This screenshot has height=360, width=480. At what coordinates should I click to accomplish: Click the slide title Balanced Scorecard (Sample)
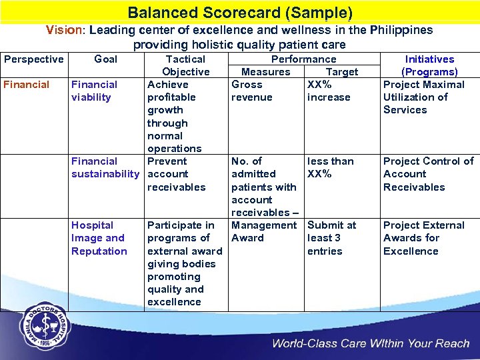point(240,13)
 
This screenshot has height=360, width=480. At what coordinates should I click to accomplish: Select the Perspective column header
point(33,59)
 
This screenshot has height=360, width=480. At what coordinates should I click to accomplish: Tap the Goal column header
point(105,59)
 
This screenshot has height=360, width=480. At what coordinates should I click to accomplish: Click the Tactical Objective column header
point(185,65)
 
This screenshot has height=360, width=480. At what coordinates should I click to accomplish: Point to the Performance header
point(303,59)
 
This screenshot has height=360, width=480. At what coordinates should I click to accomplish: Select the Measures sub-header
point(265,72)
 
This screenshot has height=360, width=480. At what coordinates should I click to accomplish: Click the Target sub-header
point(341,72)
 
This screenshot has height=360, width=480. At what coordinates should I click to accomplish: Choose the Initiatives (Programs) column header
point(429,65)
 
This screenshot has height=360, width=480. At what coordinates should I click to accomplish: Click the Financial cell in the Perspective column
point(27,85)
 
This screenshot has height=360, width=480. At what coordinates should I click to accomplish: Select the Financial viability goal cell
point(94,91)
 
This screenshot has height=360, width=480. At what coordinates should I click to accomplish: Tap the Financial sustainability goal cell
point(105,167)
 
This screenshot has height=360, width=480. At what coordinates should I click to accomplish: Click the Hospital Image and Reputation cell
point(99,238)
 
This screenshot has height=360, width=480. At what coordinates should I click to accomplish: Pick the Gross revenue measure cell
point(251,91)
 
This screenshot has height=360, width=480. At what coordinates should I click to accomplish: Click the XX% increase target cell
point(328,91)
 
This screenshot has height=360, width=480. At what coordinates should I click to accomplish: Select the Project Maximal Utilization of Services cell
point(423,97)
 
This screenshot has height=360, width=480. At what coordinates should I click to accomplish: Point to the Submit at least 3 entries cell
point(331,238)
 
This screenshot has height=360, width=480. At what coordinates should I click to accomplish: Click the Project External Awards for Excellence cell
point(423,238)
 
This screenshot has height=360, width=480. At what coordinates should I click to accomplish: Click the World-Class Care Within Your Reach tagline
point(370,344)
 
